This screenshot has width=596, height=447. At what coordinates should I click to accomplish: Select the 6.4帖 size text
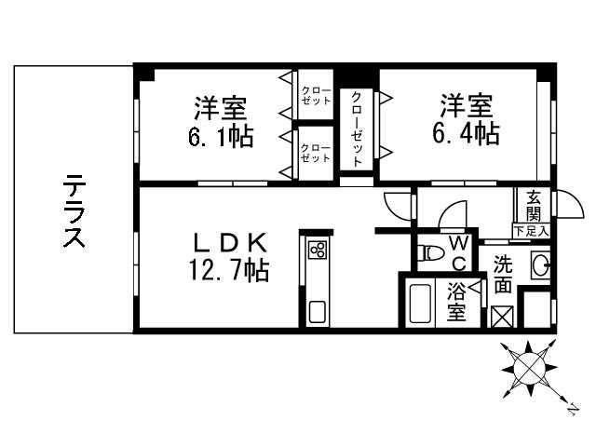(x=466, y=134)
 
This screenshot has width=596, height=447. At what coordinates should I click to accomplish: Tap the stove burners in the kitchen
(x=318, y=250)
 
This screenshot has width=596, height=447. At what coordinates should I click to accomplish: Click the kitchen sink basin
(x=318, y=312)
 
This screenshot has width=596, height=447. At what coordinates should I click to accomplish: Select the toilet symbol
(x=432, y=251)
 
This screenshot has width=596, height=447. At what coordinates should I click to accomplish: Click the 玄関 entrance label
(x=534, y=207)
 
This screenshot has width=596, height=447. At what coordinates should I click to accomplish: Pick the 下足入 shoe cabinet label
(x=531, y=229)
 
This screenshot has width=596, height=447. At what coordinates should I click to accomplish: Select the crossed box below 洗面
(x=502, y=316)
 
